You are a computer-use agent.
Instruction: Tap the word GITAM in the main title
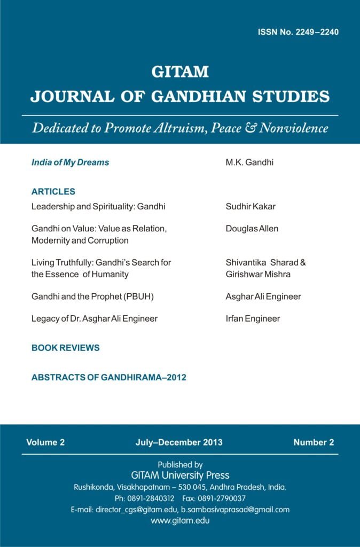click(x=180, y=72)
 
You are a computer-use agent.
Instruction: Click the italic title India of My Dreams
click(x=70, y=162)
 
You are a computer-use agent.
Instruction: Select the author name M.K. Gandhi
click(x=249, y=162)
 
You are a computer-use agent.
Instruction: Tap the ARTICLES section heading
click(x=53, y=191)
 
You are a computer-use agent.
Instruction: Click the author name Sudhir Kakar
click(x=250, y=206)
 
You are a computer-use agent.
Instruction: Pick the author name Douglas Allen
click(x=252, y=229)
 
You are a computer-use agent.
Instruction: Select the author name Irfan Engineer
click(x=253, y=319)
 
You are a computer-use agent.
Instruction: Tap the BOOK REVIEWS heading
click(x=66, y=348)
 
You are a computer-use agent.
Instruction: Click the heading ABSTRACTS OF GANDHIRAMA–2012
click(x=109, y=378)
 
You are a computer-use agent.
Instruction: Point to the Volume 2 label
click(x=45, y=442)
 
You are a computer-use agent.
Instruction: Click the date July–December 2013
click(x=179, y=442)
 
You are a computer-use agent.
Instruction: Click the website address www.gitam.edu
click(x=180, y=521)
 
